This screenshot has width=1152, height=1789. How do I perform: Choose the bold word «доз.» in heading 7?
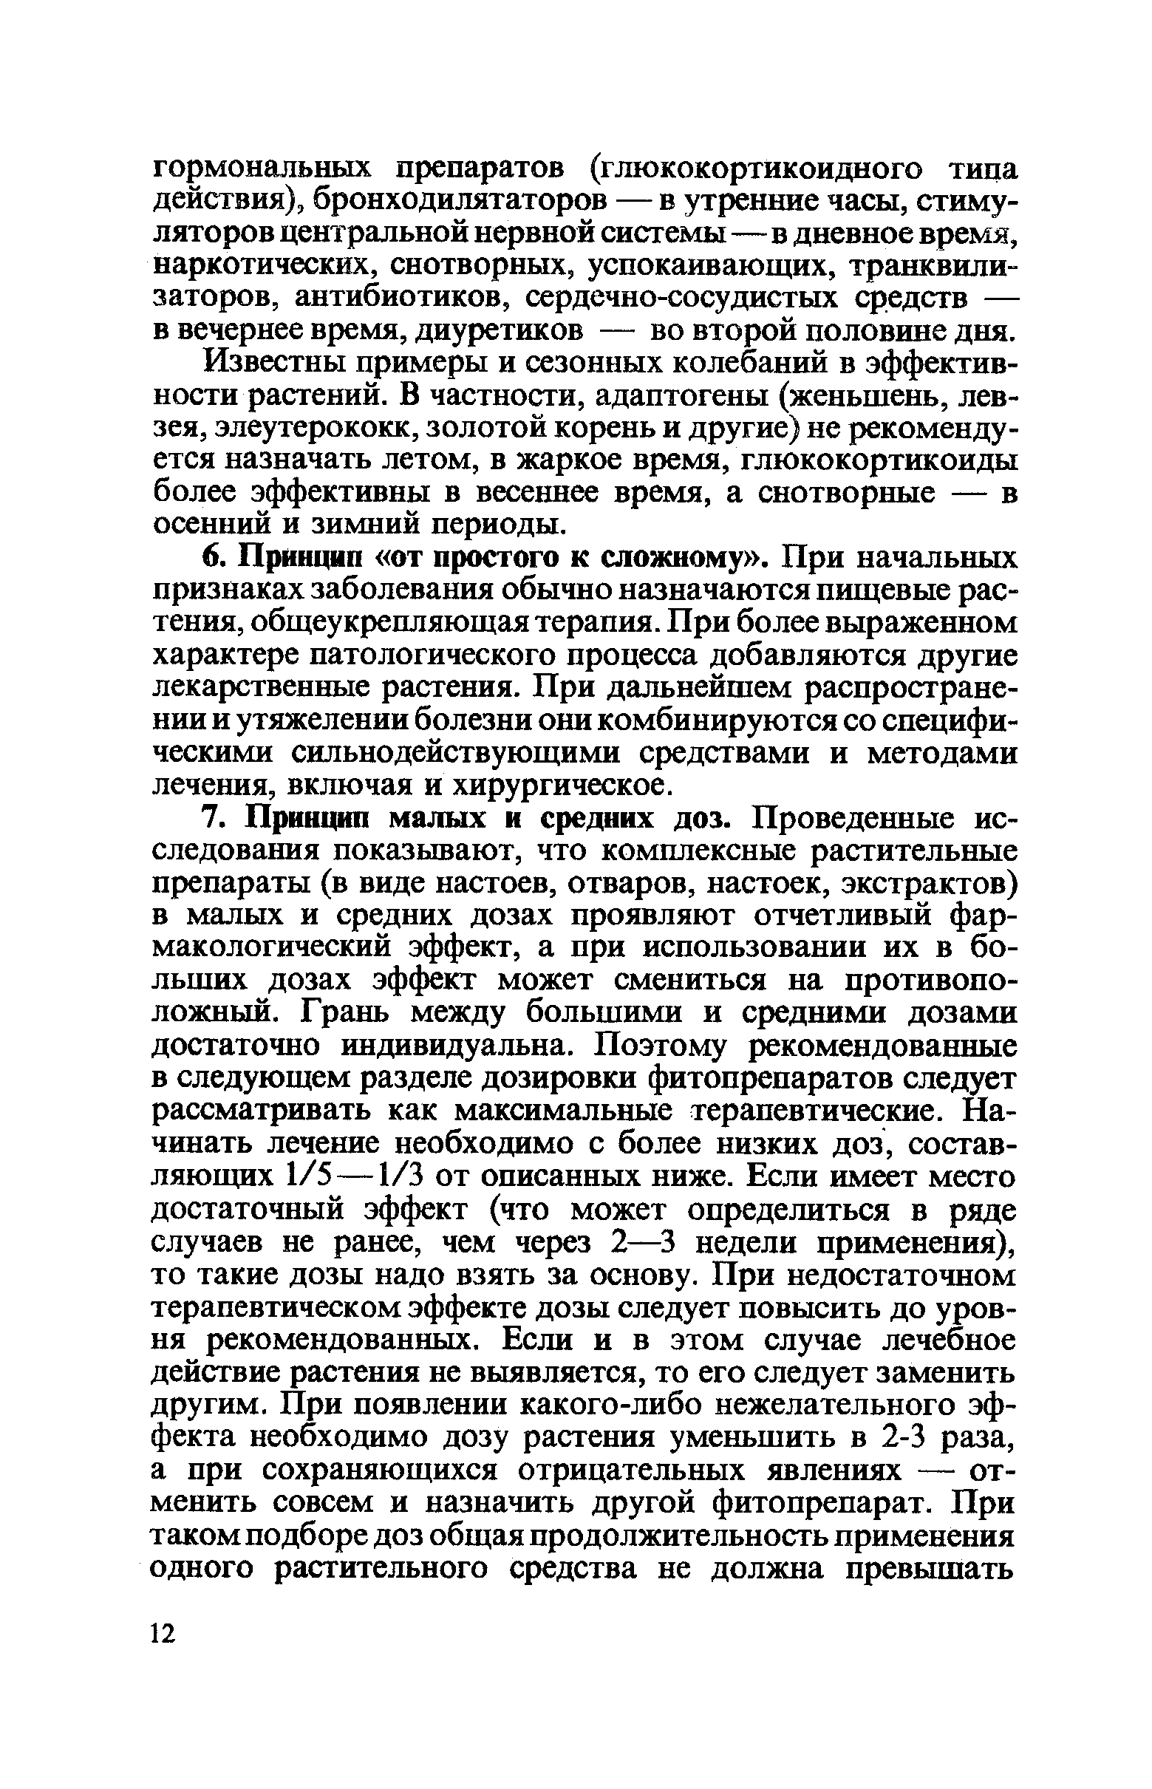coord(703,819)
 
